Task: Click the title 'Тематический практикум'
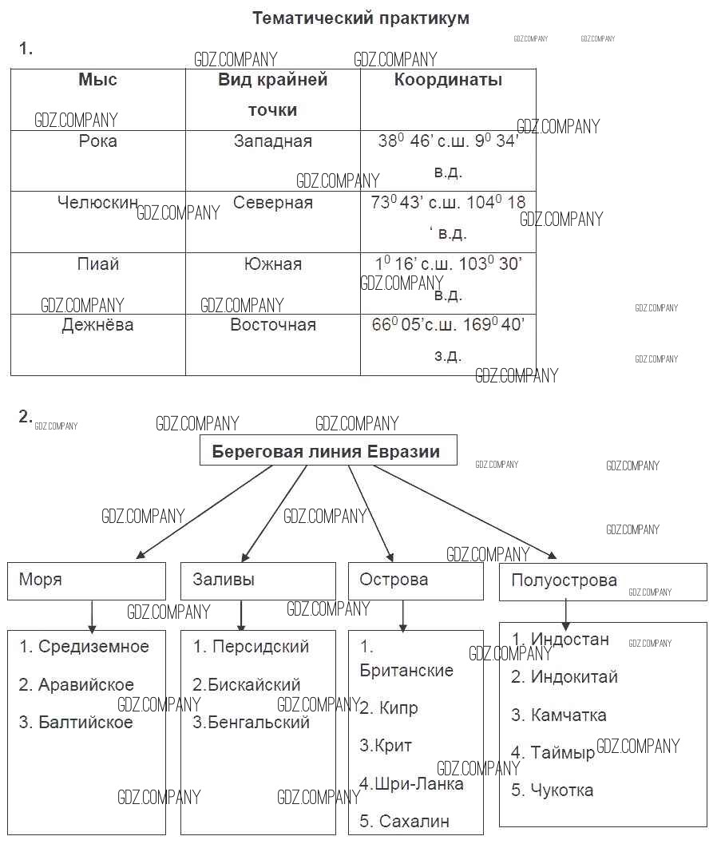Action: click(360, 18)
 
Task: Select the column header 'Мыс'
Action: click(97, 80)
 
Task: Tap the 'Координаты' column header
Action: click(448, 80)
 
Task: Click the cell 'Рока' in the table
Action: click(97, 141)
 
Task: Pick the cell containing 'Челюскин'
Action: click(97, 203)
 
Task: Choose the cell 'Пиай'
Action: click(97, 264)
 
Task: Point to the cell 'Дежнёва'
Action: click(97, 325)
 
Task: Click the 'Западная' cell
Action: click(272, 141)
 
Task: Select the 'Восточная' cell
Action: click(272, 325)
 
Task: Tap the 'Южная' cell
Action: click(272, 264)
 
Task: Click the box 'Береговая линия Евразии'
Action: click(327, 451)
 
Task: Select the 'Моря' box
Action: click(86, 580)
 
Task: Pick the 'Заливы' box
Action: click(257, 580)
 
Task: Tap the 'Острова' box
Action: click(415, 580)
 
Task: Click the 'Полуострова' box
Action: click(602, 581)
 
